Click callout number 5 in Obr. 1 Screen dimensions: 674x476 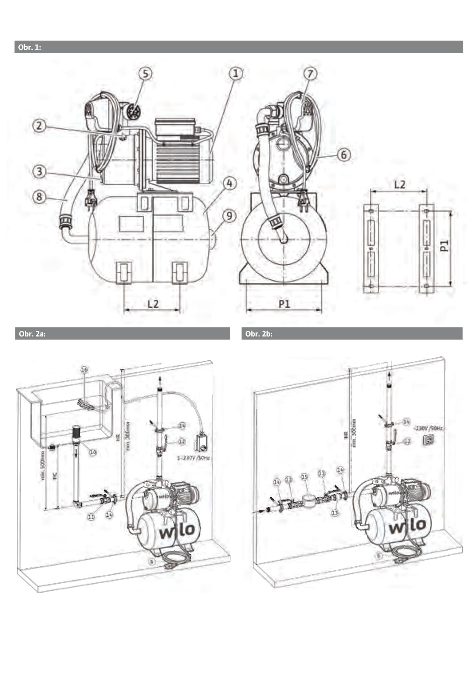(x=145, y=74)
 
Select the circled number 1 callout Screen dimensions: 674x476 (x=236, y=73)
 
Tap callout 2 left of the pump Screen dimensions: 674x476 (x=39, y=126)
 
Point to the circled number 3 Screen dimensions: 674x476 (x=39, y=171)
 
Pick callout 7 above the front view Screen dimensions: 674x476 (x=310, y=73)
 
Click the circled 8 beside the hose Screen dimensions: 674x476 (x=39, y=197)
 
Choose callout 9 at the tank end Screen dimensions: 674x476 (x=229, y=216)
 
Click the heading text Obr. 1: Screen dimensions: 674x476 (x=30, y=47)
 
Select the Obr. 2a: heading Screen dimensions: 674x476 (x=32, y=334)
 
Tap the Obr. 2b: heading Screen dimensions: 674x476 (x=259, y=334)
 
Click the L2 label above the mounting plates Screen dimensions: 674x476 (x=400, y=184)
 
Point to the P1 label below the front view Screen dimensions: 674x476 (x=284, y=304)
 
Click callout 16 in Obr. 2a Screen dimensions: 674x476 (x=84, y=369)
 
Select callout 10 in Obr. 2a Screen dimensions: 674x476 (x=93, y=452)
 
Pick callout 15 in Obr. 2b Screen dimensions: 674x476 (x=304, y=476)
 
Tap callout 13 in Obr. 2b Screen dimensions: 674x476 (x=335, y=512)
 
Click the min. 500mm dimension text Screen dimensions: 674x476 (x=42, y=465)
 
